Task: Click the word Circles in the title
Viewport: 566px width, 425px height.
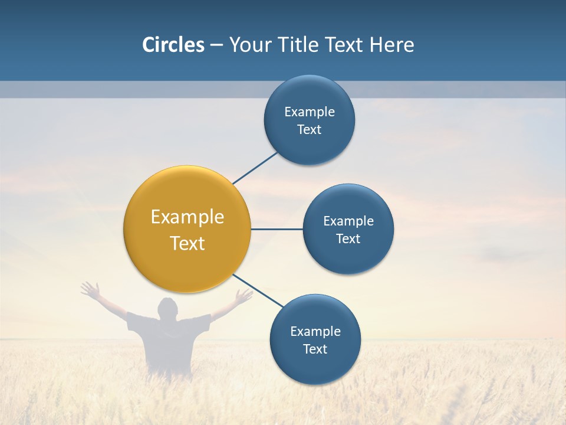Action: (x=173, y=45)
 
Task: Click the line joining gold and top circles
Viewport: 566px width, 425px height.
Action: (x=255, y=168)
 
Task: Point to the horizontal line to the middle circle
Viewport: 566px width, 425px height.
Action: (x=277, y=229)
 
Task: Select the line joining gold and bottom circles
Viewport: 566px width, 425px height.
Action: (x=258, y=291)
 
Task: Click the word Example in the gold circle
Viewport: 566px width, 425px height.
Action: (x=187, y=217)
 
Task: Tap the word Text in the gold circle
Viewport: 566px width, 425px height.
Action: (x=187, y=243)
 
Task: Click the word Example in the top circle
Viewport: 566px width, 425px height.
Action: (x=310, y=112)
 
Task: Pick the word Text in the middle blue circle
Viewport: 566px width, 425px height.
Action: (x=348, y=239)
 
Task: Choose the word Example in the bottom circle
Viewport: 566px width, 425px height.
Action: (x=315, y=332)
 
